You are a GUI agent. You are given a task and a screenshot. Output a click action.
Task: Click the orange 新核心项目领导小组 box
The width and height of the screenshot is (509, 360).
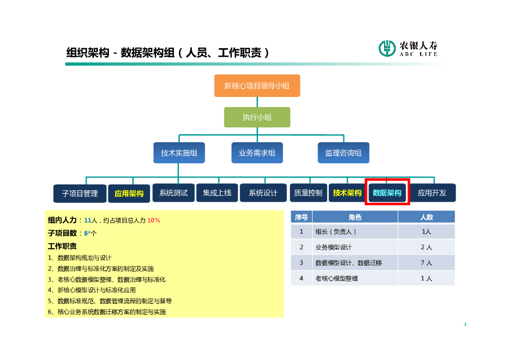(257, 86)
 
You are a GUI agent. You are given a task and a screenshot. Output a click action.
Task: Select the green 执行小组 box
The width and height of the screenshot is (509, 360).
(257, 117)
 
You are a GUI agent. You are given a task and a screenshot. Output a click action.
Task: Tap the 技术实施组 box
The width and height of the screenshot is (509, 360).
(179, 153)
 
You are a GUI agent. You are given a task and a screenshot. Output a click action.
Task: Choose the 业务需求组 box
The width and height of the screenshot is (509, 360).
(257, 153)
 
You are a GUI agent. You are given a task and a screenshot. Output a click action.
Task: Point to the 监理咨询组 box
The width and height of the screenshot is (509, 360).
(343, 153)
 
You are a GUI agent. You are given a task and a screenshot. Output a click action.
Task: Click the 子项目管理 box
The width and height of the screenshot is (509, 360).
(80, 193)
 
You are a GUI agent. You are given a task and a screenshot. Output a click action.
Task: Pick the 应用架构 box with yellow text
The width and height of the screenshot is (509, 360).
(129, 193)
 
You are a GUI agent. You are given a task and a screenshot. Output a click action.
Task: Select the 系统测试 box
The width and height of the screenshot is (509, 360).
(173, 193)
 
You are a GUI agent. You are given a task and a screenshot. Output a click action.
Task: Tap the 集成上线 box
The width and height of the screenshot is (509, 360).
(217, 193)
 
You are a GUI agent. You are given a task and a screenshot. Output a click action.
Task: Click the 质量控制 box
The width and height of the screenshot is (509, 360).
(308, 193)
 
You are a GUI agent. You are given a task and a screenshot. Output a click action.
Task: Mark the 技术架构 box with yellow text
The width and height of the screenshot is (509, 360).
(347, 193)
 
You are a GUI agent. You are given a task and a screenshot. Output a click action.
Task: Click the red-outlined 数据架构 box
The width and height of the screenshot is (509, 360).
(387, 193)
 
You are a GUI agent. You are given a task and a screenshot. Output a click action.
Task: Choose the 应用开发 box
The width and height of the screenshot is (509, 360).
(432, 193)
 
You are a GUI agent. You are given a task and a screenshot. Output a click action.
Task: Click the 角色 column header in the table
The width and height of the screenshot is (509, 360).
(355, 217)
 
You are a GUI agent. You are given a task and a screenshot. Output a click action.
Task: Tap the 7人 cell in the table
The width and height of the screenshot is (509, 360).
(426, 263)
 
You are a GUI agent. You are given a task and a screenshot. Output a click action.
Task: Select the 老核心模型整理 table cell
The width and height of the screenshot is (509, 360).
(337, 278)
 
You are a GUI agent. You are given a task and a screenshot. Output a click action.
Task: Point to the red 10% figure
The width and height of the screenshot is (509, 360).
(154, 220)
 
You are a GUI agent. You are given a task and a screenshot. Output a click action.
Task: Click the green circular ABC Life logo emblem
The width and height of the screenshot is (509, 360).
(387, 48)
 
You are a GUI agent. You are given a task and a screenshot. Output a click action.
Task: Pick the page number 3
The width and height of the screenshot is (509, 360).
(465, 325)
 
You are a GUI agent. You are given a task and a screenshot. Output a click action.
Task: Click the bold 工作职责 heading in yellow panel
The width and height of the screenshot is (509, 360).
(62, 246)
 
